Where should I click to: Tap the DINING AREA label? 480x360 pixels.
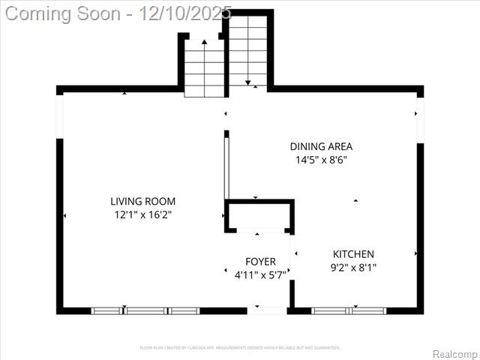pyautogui.click(x=321, y=146)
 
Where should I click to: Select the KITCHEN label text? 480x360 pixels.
pyautogui.click(x=353, y=254)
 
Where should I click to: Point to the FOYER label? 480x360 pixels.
pyautogui.click(x=260, y=262)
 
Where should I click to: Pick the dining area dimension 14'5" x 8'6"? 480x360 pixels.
pyautogui.click(x=321, y=160)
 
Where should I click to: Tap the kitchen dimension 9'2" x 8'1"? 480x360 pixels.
pyautogui.click(x=353, y=267)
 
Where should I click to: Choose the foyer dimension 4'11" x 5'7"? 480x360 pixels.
pyautogui.click(x=260, y=274)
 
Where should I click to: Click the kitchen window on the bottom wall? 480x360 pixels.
pyautogui.click(x=349, y=310)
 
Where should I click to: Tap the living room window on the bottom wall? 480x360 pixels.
pyautogui.click(x=145, y=310)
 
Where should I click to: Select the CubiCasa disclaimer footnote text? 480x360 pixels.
pyautogui.click(x=240, y=348)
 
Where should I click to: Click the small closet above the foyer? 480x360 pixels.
pyautogui.click(x=259, y=215)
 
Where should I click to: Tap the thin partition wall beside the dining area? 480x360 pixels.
pyautogui.click(x=225, y=165)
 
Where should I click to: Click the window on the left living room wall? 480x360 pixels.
pyautogui.click(x=60, y=116)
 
